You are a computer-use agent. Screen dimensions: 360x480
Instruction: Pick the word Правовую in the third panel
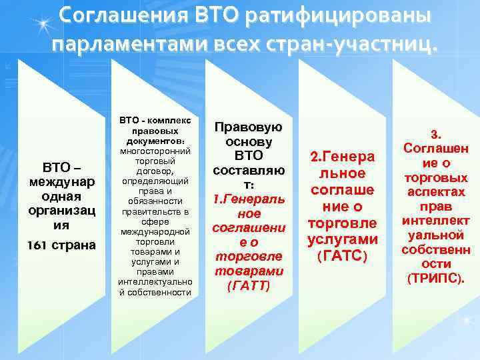(x=248, y=127)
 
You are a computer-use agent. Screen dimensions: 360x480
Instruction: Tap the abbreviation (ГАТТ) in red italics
(x=248, y=285)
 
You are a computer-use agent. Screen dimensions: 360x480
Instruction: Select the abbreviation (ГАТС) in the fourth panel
(x=343, y=255)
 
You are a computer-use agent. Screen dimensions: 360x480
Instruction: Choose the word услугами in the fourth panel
(x=343, y=239)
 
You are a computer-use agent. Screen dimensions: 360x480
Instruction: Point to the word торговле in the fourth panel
(x=343, y=222)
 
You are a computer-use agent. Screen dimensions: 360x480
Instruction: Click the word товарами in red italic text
(x=248, y=271)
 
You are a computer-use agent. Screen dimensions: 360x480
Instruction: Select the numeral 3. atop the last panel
(x=435, y=133)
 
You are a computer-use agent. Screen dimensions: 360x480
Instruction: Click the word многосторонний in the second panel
(x=155, y=151)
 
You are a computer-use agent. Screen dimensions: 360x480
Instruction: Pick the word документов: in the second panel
(x=155, y=141)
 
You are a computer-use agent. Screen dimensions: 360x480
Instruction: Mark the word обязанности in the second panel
(x=155, y=201)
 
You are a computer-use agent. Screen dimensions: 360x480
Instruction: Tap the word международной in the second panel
(x=155, y=231)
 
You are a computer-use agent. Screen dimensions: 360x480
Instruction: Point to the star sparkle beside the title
(x=44, y=25)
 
